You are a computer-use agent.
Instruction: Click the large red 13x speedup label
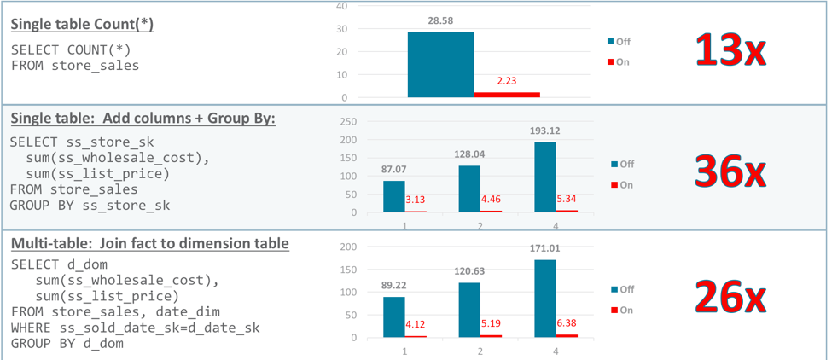coord(731,51)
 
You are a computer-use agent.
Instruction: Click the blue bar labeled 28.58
coord(440,65)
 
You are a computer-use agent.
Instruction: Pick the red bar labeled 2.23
coord(507,94)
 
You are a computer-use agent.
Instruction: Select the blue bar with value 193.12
coord(545,177)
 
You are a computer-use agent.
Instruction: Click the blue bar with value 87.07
coord(393,195)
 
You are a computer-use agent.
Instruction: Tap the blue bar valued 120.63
coord(469,310)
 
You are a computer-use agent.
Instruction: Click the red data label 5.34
coord(567,199)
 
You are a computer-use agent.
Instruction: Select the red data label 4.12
coord(416,324)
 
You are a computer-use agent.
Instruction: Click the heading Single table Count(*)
coord(82,24)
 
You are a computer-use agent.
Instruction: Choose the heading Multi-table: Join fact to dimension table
coord(149,244)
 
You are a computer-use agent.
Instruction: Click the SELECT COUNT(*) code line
coord(71,49)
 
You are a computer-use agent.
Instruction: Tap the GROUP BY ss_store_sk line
coord(90,205)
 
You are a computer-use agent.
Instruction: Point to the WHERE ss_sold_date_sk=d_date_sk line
coord(135,328)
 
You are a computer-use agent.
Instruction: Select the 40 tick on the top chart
coord(342,6)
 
